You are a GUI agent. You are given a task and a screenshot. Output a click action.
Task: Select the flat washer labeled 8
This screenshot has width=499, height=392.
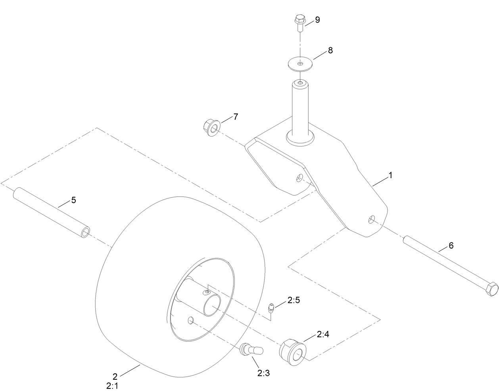(x=300, y=64)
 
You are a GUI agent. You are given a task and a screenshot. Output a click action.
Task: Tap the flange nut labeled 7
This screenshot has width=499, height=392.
(x=210, y=128)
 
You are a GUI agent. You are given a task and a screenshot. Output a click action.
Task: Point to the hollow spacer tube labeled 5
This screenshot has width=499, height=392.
(x=52, y=215)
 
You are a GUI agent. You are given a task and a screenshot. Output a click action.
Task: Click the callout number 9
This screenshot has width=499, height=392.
(x=317, y=20)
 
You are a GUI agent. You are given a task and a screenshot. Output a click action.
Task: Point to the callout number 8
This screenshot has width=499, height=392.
(x=330, y=50)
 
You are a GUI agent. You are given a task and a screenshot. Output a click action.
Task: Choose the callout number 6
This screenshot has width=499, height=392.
(x=451, y=246)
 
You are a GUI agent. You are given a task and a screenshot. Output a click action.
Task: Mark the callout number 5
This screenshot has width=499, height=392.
(x=73, y=200)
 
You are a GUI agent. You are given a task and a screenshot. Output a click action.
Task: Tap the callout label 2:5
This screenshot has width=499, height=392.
(x=294, y=300)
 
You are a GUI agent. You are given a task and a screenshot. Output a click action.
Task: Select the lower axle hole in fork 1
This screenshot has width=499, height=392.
(x=371, y=219)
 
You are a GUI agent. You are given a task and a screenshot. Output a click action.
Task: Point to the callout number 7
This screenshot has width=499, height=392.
(x=236, y=117)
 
